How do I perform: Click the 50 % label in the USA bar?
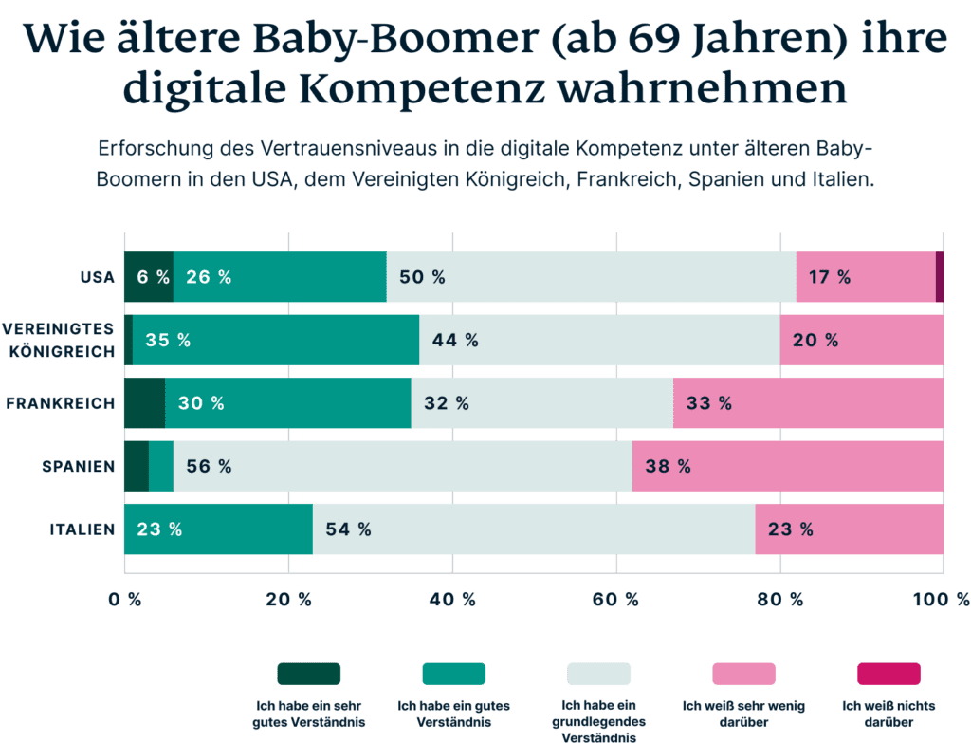422,278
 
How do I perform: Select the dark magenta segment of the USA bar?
939,277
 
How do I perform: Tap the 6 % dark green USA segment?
149,278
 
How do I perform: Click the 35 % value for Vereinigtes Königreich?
168,341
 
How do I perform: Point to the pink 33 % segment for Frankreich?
808,403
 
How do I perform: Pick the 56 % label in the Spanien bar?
209,466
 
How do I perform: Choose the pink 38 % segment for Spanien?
787,466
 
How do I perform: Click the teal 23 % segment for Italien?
217,529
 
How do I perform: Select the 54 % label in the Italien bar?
348,529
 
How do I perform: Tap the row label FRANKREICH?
61,403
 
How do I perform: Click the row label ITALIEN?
82,529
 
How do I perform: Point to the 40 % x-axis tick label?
452,600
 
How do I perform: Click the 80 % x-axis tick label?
779,600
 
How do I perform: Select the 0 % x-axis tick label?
124,600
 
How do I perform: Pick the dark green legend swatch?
308,674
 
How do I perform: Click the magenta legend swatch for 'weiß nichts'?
889,674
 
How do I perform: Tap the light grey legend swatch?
598,674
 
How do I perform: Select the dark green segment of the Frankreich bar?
144,403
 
